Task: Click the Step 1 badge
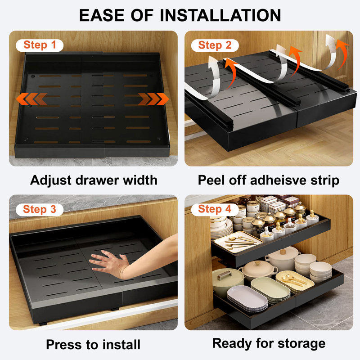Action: (40, 45)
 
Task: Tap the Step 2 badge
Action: (215, 45)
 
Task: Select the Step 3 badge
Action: (40, 210)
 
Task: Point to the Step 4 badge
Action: (215, 209)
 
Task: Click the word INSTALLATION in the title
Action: (220, 15)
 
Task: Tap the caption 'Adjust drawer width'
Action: (94, 180)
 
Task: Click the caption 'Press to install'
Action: (93, 345)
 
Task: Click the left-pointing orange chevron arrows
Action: (31, 99)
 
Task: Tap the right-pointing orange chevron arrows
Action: (153, 99)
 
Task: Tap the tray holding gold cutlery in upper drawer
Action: (238, 242)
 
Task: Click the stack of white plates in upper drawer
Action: (221, 229)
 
